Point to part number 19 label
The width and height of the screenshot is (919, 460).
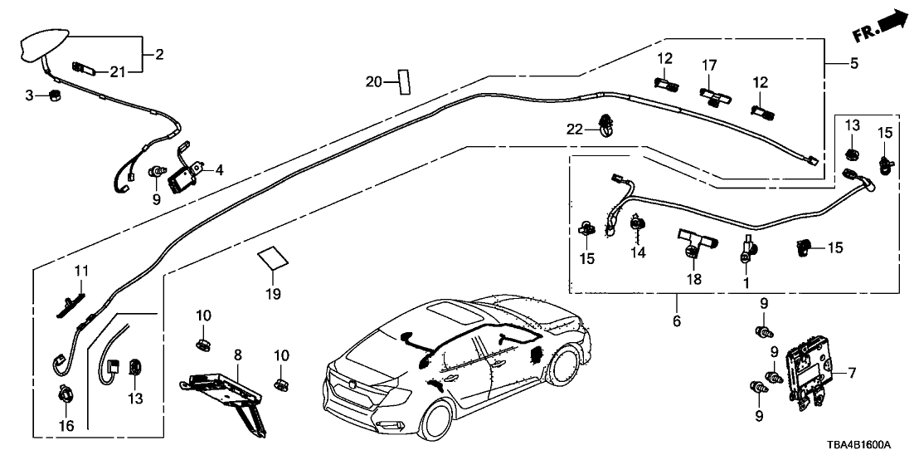pyautogui.click(x=273, y=294)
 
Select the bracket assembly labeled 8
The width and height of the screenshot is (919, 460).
pyautogui.click(x=226, y=394)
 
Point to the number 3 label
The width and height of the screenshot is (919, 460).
pyautogui.click(x=29, y=96)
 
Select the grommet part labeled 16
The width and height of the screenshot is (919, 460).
pyautogui.click(x=64, y=396)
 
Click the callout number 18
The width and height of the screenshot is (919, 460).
pyautogui.click(x=693, y=280)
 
